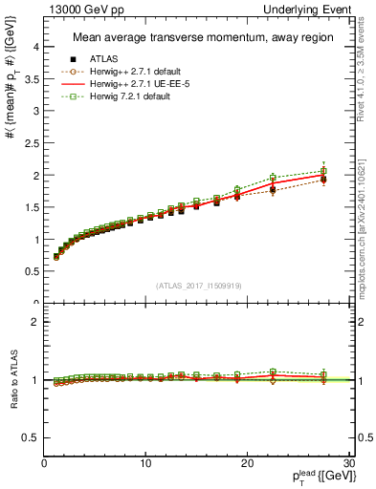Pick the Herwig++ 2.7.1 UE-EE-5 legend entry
coord(132,84)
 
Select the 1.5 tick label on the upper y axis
coord(31,207)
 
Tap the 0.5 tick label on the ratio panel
coord(31,437)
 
